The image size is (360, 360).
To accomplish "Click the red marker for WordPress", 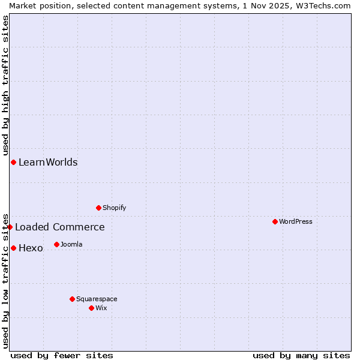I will pos(275,221).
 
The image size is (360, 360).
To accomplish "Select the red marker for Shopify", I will pos(98,208).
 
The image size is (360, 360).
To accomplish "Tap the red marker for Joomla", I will pos(56,244).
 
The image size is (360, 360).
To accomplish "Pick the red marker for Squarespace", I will pos(72,299).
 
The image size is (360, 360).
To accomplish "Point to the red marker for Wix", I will pos(91,308).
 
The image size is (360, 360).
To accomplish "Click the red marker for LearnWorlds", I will pos(13,162).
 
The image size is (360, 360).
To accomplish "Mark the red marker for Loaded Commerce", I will pos(10,227).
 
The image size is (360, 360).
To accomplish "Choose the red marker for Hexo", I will pos(13,248).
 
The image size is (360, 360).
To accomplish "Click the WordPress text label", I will pos(296,221).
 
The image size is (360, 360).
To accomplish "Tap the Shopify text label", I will pos(115,208).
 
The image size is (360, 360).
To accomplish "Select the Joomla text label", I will pos(71,244).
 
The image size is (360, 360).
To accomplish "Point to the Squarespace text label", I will pos(97,299).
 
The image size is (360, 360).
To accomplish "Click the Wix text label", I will pos(101,308).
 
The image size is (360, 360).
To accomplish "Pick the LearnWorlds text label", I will pos(48,162).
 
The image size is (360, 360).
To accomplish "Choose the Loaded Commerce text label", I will pos(60,227).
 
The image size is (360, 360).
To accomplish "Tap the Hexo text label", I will pos(31,248).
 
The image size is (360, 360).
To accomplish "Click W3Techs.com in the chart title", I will pos(325,5).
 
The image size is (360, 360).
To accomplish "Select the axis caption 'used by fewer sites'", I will pos(62,355).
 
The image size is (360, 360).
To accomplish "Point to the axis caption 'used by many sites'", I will pos(301,355).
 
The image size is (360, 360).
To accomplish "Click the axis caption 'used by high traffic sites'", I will pos(5,85).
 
